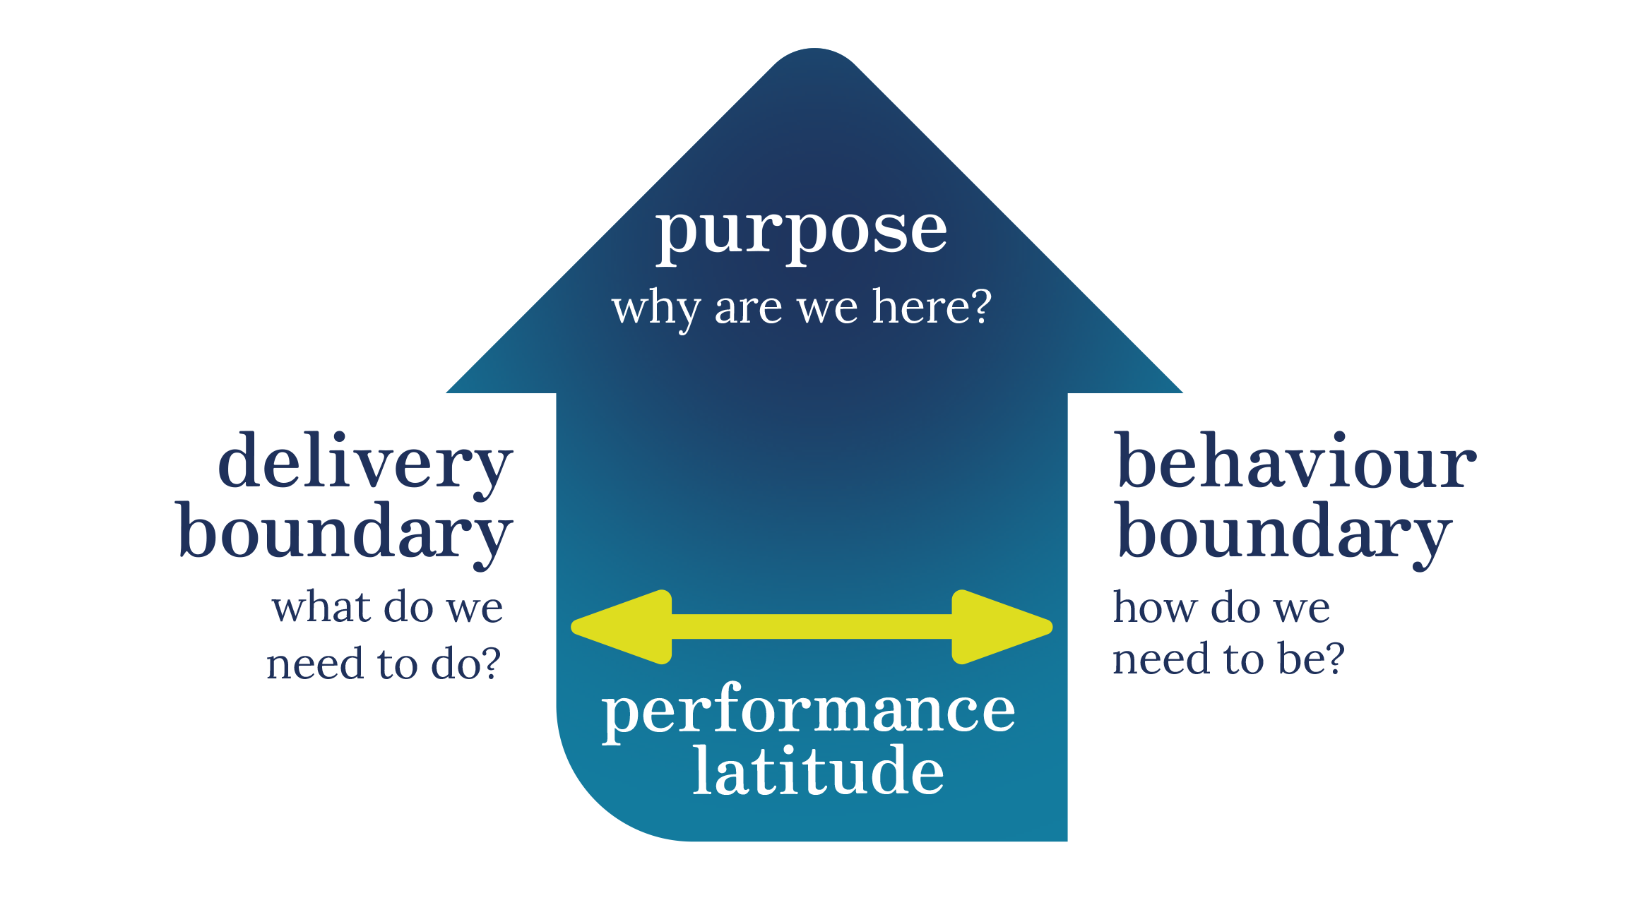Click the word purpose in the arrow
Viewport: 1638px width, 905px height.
[x=802, y=233]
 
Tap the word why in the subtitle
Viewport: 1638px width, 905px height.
[x=655, y=308]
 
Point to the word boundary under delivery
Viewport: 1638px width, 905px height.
[x=345, y=533]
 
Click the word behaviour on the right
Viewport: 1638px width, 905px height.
[x=1295, y=462]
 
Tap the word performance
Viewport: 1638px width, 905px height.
[x=809, y=712]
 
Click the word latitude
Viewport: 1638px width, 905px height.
[x=818, y=771]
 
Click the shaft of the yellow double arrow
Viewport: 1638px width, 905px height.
[x=812, y=627]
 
